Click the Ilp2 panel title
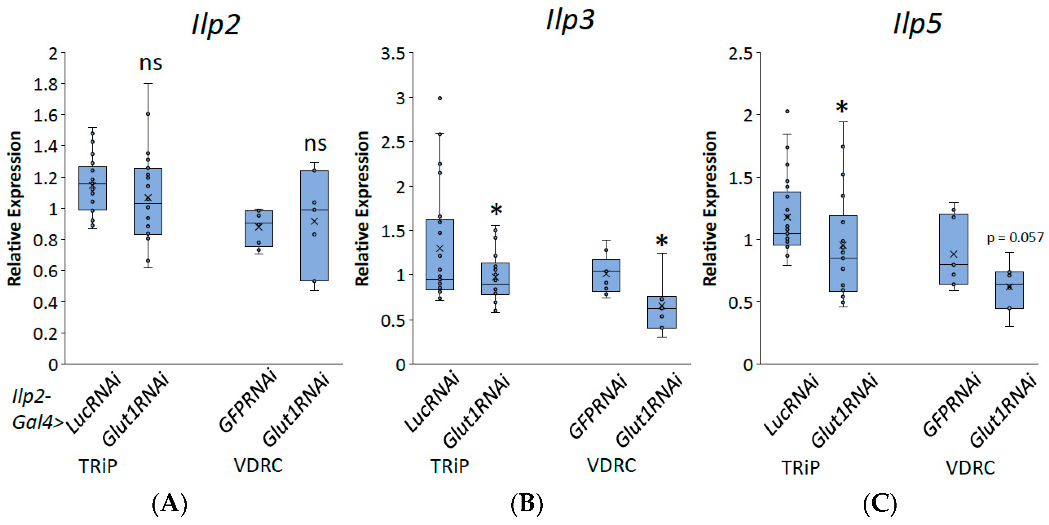216,25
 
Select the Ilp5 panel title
917,24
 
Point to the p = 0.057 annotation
1015,237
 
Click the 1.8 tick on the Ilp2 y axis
46,84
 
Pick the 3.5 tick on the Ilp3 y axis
393,53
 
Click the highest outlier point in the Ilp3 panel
440,98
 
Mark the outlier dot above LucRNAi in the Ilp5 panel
787,111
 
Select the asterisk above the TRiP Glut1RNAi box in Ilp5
842,107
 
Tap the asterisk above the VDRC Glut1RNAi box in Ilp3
662,241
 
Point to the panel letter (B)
527,504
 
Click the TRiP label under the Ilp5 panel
801,468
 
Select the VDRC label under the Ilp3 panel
611,465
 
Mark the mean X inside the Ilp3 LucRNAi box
440,248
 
